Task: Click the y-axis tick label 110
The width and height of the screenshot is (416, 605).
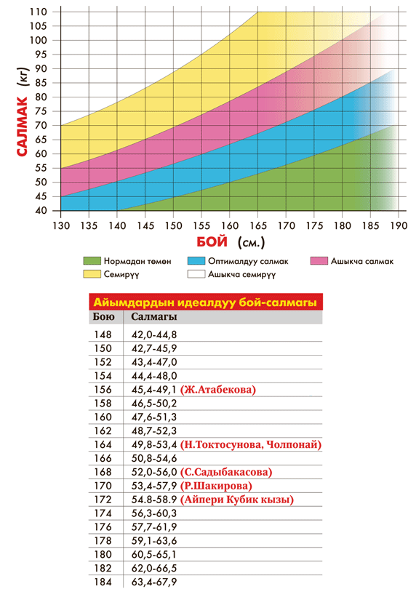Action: point(39,12)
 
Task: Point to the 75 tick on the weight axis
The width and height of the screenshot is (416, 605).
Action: point(41,111)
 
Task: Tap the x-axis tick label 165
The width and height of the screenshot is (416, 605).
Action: point(258,225)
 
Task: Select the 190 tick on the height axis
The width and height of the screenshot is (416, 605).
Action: point(399,225)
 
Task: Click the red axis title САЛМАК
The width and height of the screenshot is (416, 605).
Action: point(23,127)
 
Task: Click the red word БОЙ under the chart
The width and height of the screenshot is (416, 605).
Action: point(212,242)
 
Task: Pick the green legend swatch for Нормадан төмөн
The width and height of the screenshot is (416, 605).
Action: point(92,261)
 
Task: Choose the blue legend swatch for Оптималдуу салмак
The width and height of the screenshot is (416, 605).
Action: point(196,261)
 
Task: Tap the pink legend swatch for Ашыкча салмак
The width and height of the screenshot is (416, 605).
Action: point(319,261)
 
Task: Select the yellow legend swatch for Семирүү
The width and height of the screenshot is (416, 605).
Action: point(92,274)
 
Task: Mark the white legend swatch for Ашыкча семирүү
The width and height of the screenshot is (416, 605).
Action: point(196,274)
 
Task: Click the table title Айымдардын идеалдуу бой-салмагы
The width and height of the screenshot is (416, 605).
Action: point(205,302)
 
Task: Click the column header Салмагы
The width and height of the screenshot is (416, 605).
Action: point(154,317)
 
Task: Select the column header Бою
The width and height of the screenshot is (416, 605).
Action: point(103,317)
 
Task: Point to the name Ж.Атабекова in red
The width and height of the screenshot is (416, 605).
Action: point(218,390)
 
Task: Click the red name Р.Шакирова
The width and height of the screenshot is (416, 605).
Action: point(216,486)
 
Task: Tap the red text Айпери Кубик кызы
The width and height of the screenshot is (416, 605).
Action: point(237,500)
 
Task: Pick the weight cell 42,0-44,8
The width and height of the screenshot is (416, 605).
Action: point(154,335)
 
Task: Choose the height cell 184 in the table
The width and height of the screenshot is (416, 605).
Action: point(103,582)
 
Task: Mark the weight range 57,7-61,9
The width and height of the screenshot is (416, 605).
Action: point(154,527)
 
